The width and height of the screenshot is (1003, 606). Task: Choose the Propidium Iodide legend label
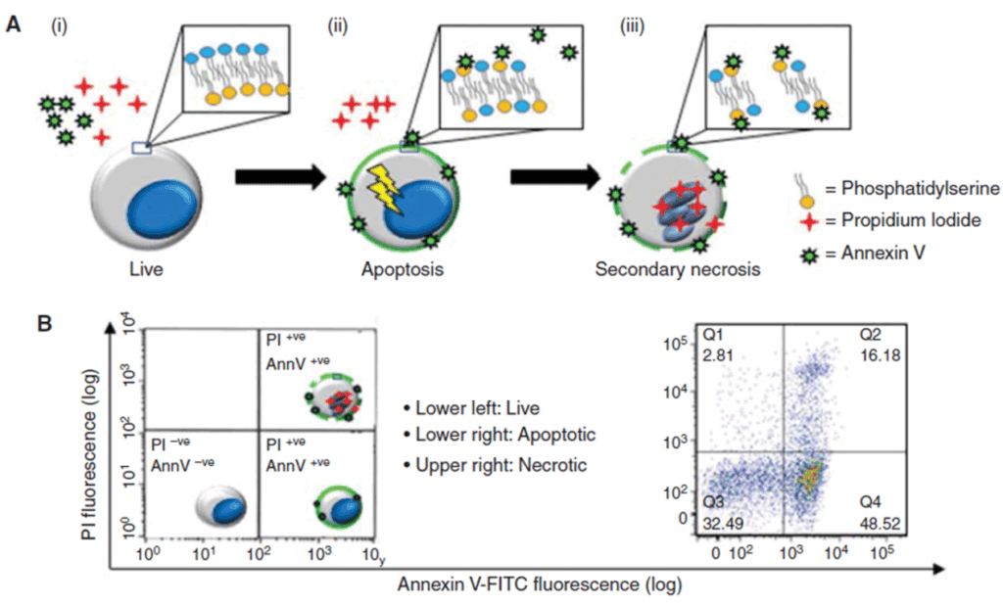(x=899, y=222)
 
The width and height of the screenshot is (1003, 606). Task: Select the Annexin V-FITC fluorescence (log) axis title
(x=538, y=585)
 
